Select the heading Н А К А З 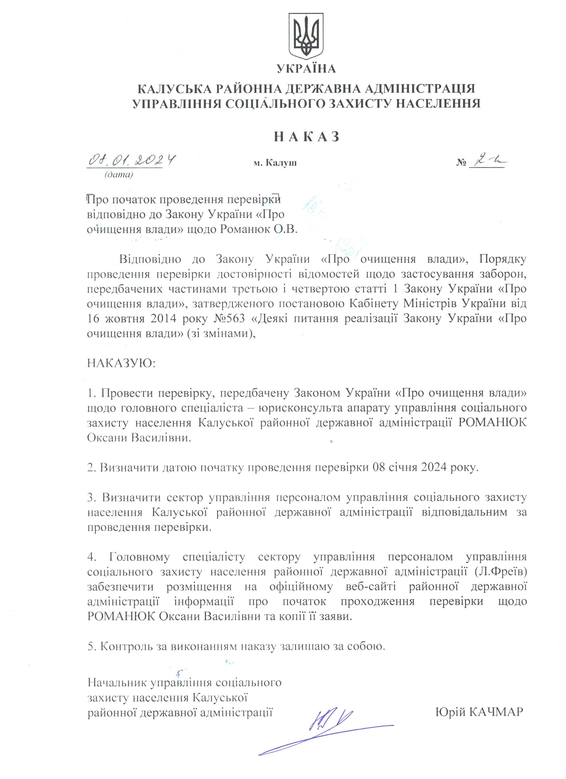[307, 137]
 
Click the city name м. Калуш [275, 163]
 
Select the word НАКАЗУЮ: [121, 363]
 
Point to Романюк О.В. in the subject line [258, 229]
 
